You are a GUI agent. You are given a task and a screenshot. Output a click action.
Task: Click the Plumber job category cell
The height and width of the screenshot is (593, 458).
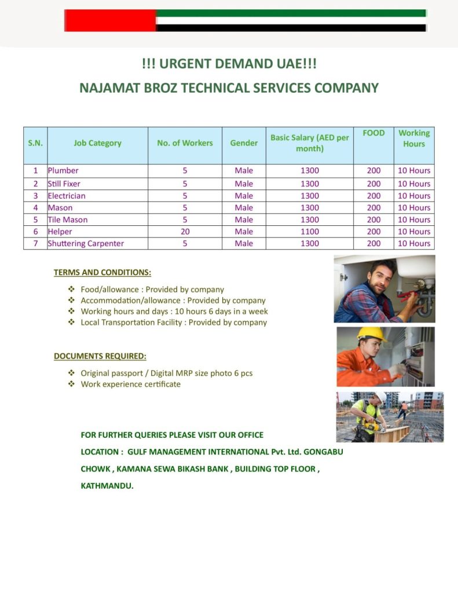coord(63,171)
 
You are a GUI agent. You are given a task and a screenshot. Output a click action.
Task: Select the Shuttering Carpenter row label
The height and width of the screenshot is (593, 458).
coord(86,244)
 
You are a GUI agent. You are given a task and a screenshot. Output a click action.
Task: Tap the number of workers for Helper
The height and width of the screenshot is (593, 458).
coord(185,232)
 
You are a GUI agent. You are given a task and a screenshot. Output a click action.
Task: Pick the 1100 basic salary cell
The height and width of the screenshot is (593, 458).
coord(310,232)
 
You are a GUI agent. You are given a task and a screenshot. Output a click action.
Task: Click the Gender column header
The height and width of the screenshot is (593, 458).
coord(244,143)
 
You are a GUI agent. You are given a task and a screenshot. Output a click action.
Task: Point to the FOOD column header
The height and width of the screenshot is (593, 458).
coord(373,133)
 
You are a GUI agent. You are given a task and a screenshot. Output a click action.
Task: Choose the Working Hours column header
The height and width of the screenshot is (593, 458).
coord(414,138)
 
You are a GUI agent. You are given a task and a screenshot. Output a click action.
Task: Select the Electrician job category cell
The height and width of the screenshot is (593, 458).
coord(67,196)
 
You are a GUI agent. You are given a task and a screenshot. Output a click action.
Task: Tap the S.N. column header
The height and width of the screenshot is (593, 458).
coord(35,143)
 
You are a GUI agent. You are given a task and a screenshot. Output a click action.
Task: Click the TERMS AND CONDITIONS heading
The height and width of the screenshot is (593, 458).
coord(102,272)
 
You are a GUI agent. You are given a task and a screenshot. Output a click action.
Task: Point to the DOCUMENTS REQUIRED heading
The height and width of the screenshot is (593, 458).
coord(100,356)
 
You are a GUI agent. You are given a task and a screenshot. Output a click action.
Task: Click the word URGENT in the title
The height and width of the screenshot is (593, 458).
coord(186,63)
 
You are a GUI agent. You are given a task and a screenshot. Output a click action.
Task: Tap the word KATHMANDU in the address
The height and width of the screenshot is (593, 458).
coord(107,486)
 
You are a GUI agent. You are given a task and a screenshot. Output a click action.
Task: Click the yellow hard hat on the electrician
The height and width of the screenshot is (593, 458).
coord(371,333)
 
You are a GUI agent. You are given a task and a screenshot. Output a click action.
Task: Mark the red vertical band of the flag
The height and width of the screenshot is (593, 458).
coord(110,20)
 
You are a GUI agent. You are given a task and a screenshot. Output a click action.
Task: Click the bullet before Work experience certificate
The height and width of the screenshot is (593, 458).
coord(71,384)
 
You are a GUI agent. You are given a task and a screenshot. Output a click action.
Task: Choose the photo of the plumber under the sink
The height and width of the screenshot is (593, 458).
coord(384,289)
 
